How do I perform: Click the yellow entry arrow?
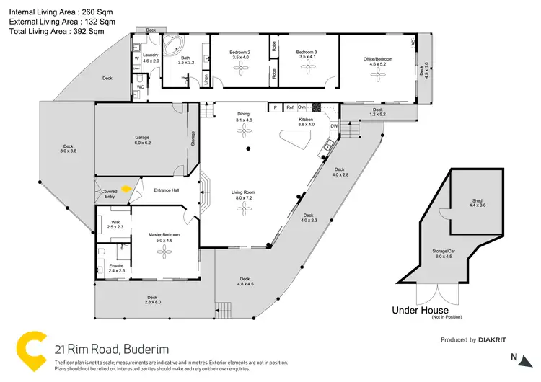[126, 190]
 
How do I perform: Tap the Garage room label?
[143, 139]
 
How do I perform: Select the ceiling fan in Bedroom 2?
[239, 66]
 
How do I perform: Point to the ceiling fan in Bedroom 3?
[308, 66]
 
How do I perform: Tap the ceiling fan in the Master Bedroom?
[164, 250]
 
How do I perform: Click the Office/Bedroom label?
[378, 53]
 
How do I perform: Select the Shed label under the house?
[478, 203]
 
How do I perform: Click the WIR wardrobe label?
[115, 221]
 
